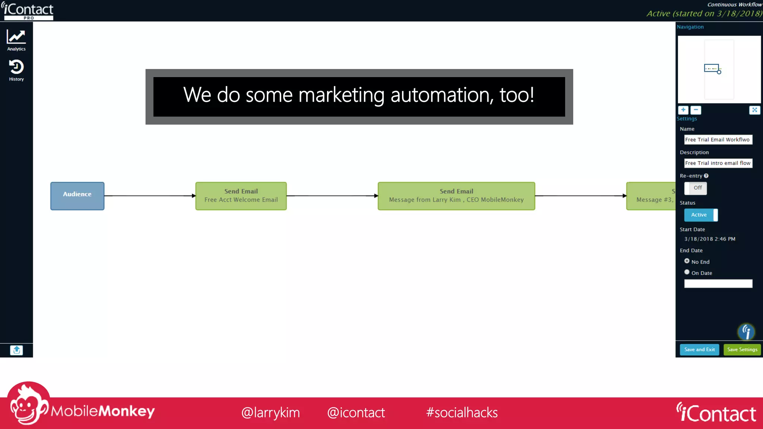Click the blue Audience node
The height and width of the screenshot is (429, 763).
coord(77,196)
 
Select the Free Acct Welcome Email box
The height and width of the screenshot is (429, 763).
coord(241,196)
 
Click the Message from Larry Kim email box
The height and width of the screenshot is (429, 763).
coord(456,196)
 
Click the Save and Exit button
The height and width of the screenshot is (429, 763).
coord(699,349)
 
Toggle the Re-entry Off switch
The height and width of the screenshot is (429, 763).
coord(695,188)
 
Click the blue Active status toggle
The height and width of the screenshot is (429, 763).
coord(700,215)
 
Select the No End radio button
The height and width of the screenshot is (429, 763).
coord(687,261)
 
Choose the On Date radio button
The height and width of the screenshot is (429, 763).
coord(687,272)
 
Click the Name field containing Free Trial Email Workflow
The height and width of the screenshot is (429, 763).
coord(718,140)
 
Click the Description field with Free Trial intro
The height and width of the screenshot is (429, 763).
coord(718,163)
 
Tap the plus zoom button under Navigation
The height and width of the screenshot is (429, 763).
coord(683,110)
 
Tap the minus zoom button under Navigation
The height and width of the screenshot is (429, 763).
coord(695,110)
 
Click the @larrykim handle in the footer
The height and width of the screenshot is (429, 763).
coord(270,413)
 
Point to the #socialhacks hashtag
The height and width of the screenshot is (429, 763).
coord(462,413)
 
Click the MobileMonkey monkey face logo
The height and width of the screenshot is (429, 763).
coord(28,404)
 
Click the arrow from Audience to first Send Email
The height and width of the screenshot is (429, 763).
coord(149,196)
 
